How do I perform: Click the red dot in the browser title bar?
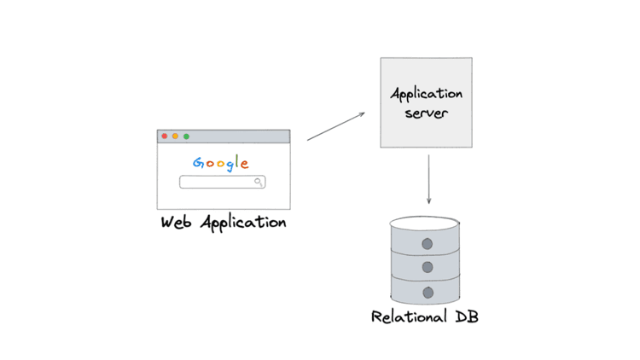(x=165, y=136)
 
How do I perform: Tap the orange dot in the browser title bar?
(x=176, y=136)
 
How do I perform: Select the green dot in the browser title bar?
(x=187, y=136)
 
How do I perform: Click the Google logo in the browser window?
(x=221, y=164)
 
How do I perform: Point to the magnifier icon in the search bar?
(x=259, y=182)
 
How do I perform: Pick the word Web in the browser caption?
(x=177, y=224)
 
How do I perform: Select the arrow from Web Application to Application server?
(x=335, y=126)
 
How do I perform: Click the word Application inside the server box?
(x=426, y=94)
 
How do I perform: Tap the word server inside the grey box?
(x=426, y=113)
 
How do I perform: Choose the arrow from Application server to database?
(x=428, y=182)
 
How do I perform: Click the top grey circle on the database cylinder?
(x=427, y=244)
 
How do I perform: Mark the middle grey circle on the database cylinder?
(x=427, y=268)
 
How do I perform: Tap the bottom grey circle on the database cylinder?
(x=427, y=293)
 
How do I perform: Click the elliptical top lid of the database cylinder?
(x=425, y=224)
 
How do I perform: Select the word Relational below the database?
(x=408, y=317)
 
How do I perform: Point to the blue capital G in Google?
(x=197, y=164)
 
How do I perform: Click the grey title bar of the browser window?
(x=239, y=136)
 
